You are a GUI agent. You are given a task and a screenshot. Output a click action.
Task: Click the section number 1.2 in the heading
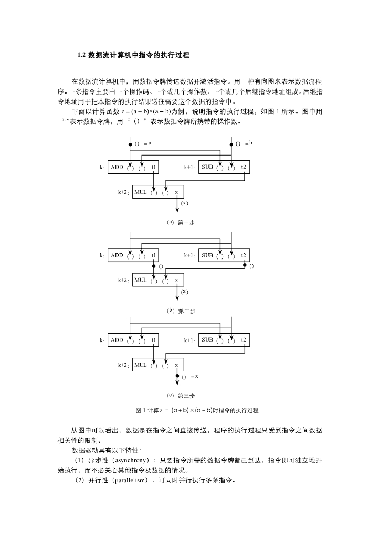tap(81, 55)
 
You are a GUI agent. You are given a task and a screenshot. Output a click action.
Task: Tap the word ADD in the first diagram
tap(117, 168)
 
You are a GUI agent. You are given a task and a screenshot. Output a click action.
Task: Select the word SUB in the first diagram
tap(207, 168)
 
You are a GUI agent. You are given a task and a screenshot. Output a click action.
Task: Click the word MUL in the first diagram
tap(140, 192)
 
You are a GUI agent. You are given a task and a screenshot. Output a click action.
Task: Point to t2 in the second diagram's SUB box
tap(244, 256)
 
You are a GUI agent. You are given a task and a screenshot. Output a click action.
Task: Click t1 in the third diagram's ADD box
tap(153, 340)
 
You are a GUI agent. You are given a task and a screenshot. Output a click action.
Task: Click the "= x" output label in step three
tap(194, 377)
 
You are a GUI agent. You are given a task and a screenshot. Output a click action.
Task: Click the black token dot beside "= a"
tap(130, 143)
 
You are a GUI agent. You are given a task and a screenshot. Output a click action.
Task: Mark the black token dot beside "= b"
tap(231, 143)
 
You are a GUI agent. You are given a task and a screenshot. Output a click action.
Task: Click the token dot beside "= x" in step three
tap(177, 376)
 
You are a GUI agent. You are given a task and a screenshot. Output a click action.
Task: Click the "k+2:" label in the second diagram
tap(123, 281)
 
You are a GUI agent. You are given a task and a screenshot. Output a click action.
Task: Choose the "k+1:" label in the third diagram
tap(189, 340)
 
